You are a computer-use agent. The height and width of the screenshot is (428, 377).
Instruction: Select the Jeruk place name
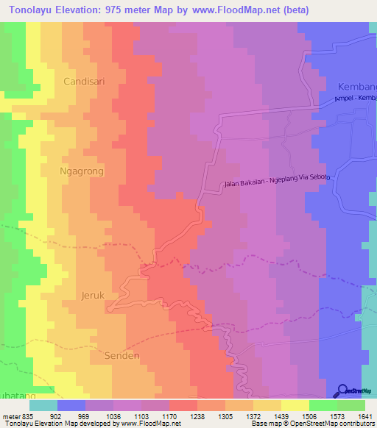coord(94,296)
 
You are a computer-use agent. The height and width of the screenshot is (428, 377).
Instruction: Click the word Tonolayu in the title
coord(35,10)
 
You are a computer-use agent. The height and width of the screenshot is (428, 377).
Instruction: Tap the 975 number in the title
coord(118,10)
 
